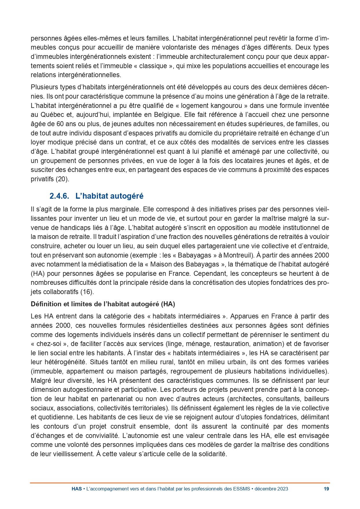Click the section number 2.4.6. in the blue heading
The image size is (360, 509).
tap(59, 196)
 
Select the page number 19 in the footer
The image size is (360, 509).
tap(326, 489)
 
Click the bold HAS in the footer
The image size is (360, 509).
tap(77, 489)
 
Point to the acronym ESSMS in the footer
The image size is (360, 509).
tap(241, 489)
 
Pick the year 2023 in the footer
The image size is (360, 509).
tap(283, 489)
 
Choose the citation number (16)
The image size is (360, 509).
tap(87, 292)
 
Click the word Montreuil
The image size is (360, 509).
tap(236, 255)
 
